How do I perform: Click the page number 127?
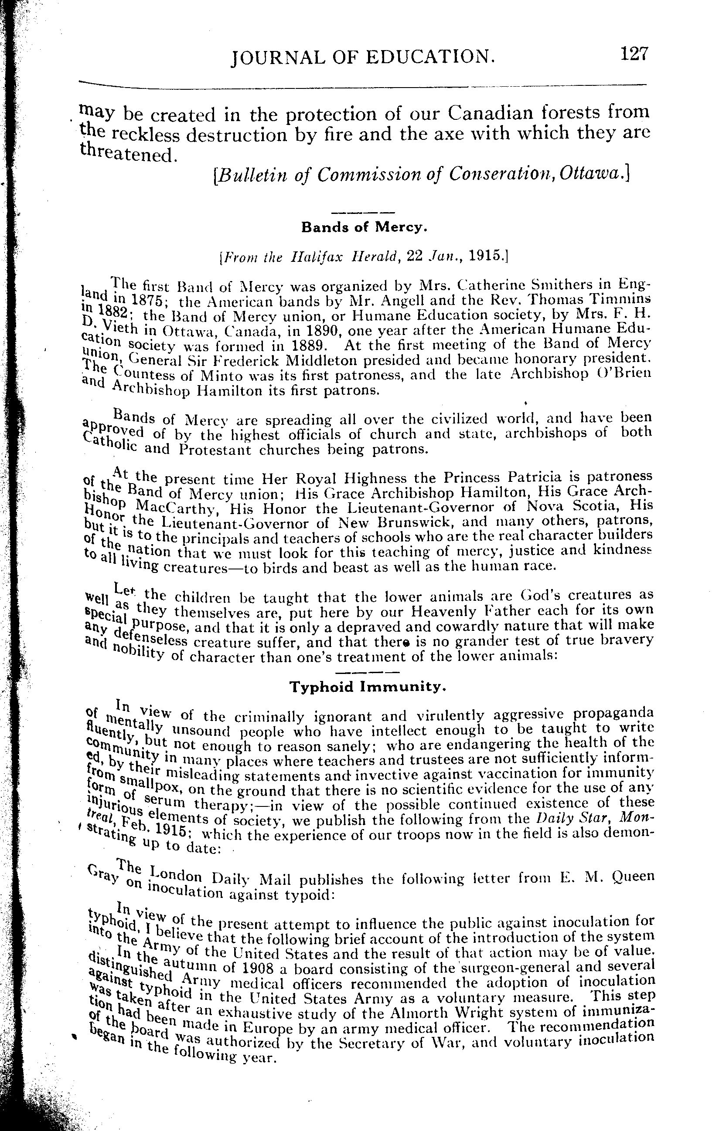[x=634, y=54]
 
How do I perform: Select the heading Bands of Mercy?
[x=363, y=228]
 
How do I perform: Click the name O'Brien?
[x=628, y=374]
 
